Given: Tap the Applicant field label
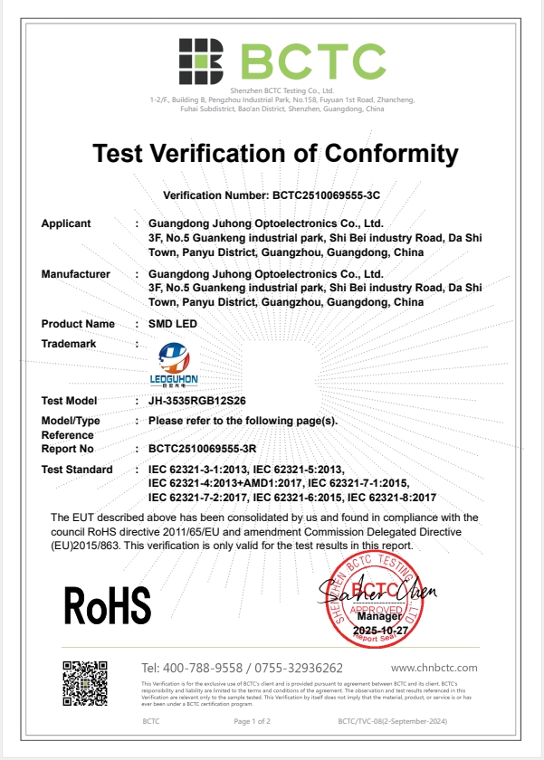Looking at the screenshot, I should click(66, 223).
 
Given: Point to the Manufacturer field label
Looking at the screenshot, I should click(76, 273).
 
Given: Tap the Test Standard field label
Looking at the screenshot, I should click(78, 470).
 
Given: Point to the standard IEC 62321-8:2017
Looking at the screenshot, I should click(392, 498).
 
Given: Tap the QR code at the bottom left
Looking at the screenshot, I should click(85, 684).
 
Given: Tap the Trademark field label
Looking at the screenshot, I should click(69, 343).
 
